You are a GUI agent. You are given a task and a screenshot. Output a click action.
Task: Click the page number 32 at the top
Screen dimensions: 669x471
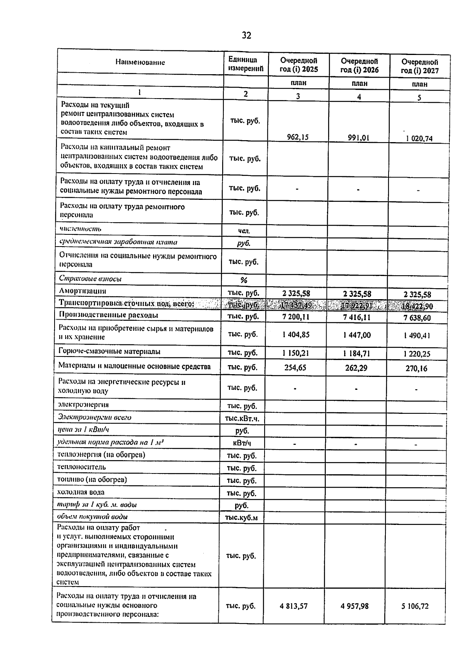pyautogui.click(x=246, y=36)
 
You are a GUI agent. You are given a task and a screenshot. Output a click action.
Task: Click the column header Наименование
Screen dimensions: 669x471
pyautogui.click(x=140, y=62)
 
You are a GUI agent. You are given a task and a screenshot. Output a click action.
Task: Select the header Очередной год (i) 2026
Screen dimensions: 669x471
pyautogui.click(x=359, y=66)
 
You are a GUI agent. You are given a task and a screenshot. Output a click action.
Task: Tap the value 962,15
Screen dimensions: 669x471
pyautogui.click(x=298, y=137)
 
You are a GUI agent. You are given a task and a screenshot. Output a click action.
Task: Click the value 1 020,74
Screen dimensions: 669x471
pyautogui.click(x=419, y=139)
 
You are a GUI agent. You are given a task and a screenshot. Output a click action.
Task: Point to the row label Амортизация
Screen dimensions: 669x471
pyautogui.click(x=82, y=291)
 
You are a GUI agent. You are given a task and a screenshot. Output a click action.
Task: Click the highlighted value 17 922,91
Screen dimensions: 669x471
pyautogui.click(x=356, y=305)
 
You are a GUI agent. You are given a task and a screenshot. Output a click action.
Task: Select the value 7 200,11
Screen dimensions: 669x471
pyautogui.click(x=296, y=316)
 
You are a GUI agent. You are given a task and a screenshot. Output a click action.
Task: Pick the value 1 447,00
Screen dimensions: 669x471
pyautogui.click(x=356, y=335)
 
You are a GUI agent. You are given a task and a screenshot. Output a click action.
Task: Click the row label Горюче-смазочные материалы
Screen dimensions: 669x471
pyautogui.click(x=109, y=351)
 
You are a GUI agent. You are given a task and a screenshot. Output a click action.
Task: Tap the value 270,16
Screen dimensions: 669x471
pyautogui.click(x=416, y=368)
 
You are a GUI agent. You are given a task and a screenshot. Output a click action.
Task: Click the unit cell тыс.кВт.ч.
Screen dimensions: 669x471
pyautogui.click(x=242, y=419)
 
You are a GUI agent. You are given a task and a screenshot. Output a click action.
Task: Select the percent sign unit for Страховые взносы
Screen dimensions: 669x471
pyautogui.click(x=244, y=280)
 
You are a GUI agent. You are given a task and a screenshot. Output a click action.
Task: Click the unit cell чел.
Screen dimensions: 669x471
pyautogui.click(x=244, y=231)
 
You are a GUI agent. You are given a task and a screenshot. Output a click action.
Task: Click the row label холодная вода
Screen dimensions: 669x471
pyautogui.click(x=81, y=492)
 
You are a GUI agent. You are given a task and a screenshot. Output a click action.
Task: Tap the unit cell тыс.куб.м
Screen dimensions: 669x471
pyautogui.click(x=241, y=517)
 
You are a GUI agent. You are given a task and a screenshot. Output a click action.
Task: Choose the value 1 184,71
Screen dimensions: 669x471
pyautogui.click(x=356, y=353)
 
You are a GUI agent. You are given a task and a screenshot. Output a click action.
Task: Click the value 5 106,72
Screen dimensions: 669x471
pyautogui.click(x=415, y=606)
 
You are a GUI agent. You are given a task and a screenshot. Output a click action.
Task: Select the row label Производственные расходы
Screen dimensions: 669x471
pyautogui.click(x=108, y=315)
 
